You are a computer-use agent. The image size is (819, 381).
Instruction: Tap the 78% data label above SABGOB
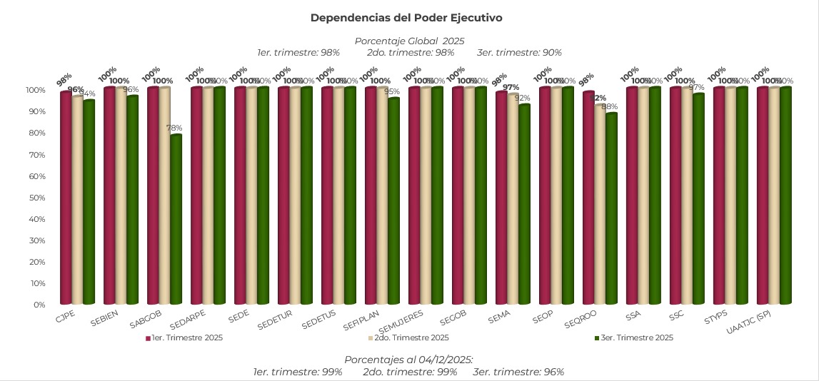click(x=174, y=128)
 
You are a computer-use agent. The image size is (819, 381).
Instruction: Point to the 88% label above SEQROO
click(x=610, y=107)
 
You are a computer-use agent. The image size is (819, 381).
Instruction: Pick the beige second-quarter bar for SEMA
click(x=513, y=200)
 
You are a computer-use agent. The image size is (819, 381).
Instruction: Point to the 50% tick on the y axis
click(x=36, y=198)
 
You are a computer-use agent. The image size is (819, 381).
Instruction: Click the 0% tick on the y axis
click(x=39, y=305)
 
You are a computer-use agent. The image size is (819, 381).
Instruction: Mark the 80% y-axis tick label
click(x=36, y=133)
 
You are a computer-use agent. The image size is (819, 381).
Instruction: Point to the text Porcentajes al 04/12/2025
click(x=409, y=360)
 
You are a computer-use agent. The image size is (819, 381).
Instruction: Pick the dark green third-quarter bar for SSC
click(x=698, y=200)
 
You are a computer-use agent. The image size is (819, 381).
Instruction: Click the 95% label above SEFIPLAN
click(x=392, y=92)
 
